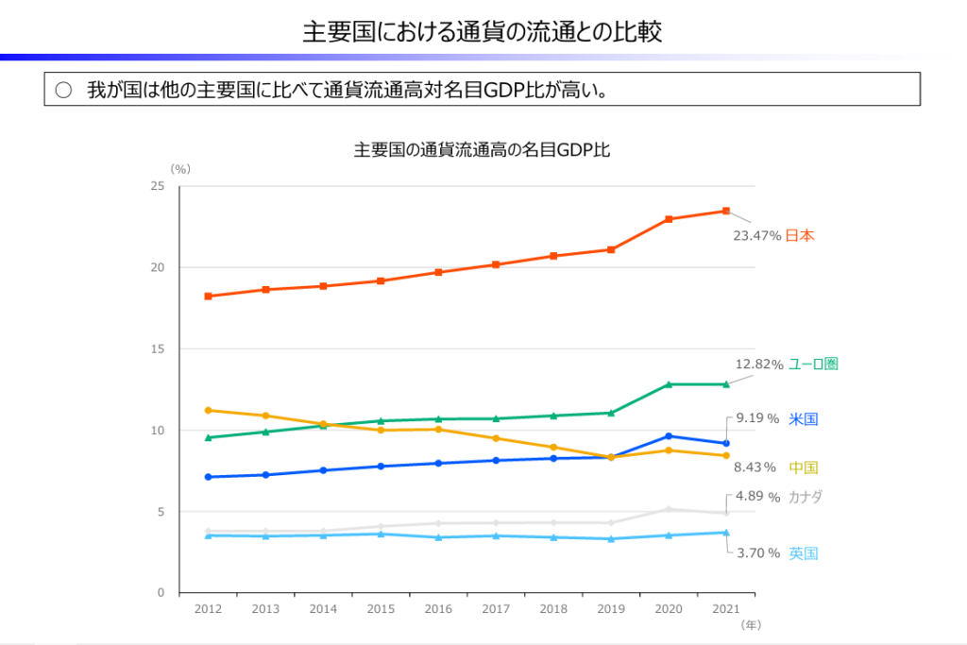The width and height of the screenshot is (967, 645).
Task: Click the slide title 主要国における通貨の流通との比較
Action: click(482, 32)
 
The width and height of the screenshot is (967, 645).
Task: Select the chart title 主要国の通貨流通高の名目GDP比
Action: click(482, 149)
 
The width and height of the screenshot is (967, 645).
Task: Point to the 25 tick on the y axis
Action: click(158, 187)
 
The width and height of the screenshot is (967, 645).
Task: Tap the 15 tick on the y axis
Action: click(158, 349)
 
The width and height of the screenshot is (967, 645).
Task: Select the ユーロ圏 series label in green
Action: click(814, 364)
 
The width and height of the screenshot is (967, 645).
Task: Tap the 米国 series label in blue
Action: click(804, 418)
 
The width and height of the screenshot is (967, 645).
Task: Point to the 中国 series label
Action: click(804, 467)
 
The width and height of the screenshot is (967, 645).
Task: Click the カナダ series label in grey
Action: click(806, 497)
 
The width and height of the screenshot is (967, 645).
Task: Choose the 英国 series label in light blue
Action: click(804, 552)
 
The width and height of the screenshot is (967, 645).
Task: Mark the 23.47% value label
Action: click(756, 236)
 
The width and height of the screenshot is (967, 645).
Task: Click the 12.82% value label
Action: click(759, 365)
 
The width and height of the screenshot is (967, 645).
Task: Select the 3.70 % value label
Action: click(758, 552)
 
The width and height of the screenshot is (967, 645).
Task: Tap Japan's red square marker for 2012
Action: click(208, 297)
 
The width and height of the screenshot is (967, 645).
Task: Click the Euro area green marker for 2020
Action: click(669, 384)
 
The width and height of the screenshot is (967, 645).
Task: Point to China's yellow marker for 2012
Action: click(208, 410)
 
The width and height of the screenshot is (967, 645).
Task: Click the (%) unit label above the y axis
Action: click(179, 169)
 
